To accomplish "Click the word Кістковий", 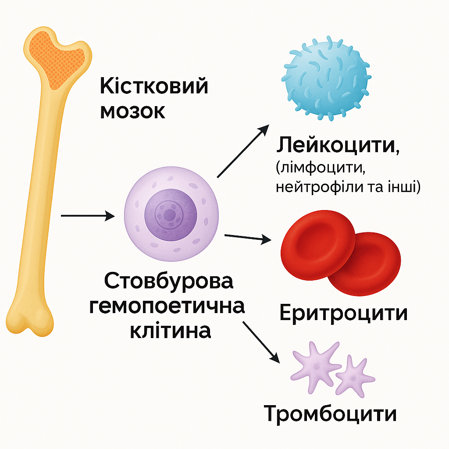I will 153,86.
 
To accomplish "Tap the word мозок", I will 132,111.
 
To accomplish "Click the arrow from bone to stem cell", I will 87,216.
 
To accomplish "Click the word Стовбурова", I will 169,282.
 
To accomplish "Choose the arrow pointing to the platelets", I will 261,341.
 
